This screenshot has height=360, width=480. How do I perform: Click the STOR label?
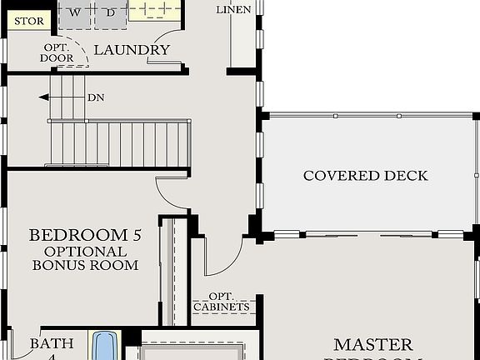click(x=29, y=21)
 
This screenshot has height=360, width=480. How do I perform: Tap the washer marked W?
click(x=75, y=12)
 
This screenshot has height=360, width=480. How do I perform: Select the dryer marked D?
click(x=108, y=12)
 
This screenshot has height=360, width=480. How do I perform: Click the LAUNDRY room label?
click(x=132, y=50)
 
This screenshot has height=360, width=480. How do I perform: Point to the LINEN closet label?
click(x=233, y=10)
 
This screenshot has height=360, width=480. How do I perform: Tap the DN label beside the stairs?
click(x=97, y=97)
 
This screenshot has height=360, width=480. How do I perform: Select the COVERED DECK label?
click(x=365, y=176)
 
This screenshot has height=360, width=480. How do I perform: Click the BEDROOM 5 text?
click(x=85, y=235)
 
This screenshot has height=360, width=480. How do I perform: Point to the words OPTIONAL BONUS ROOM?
click(x=85, y=258)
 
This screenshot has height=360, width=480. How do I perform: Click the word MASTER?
click(x=372, y=344)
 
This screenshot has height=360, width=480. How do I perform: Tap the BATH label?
click(x=52, y=343)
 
